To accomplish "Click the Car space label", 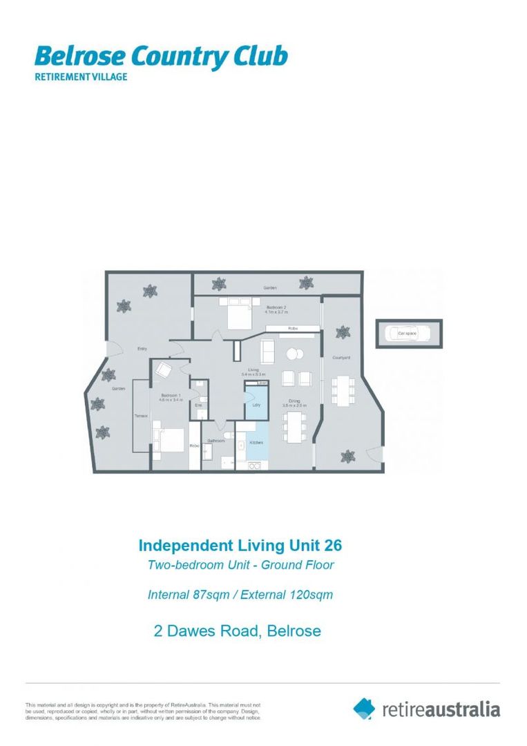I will coord(407,334).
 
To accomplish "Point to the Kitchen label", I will coord(256,442).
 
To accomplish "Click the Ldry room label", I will coord(256,405).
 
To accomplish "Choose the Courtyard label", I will coord(341,357).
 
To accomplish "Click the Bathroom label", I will coord(215,440).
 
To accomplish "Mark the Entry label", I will coord(143,349).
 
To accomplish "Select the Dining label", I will coord(295,401).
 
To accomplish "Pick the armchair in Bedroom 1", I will coord(164,370).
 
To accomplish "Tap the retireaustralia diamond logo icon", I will coord(364,708).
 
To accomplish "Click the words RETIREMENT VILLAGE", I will coord(81,77).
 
